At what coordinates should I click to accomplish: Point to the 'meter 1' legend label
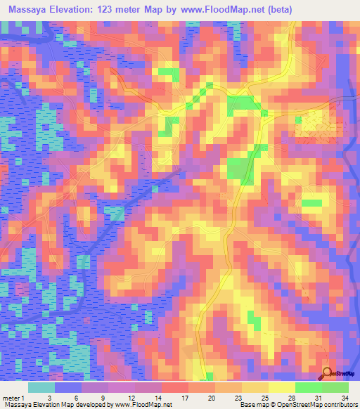(x=14, y=398)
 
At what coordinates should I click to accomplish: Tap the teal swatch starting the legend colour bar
(x=41, y=387)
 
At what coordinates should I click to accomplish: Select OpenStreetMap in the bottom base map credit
(x=290, y=405)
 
